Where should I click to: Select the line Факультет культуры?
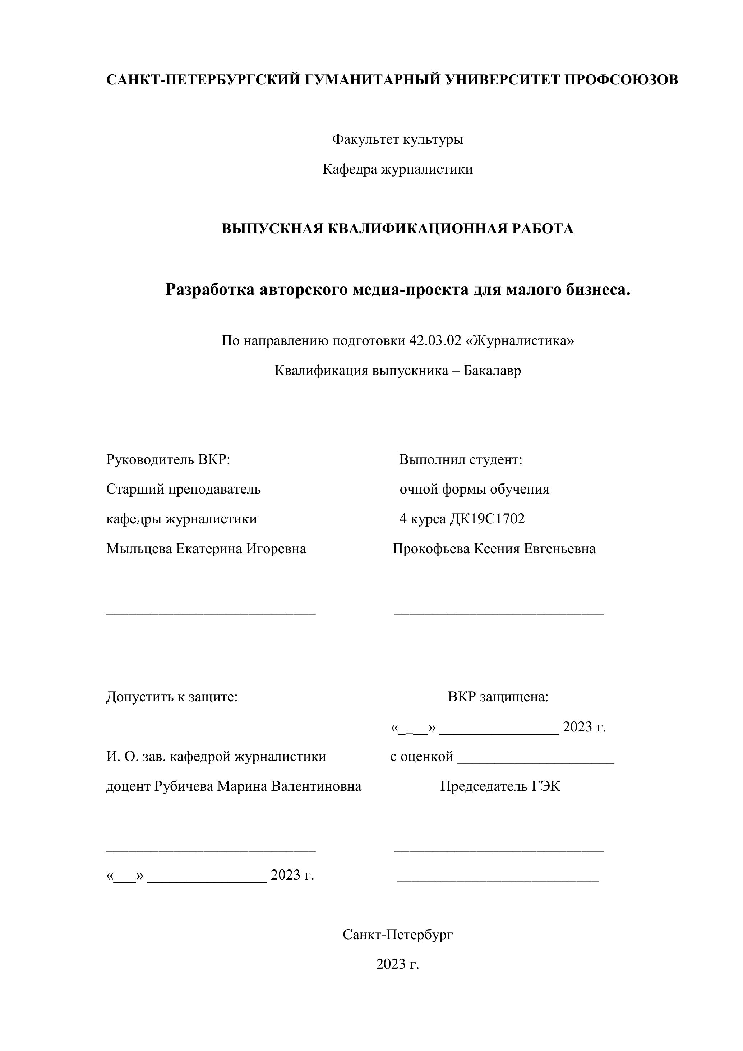(398, 139)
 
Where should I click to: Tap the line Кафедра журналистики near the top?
(398, 169)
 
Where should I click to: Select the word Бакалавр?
(492, 370)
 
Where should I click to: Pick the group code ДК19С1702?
(487, 519)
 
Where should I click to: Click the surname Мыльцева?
(139, 549)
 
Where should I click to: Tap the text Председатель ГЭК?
(500, 786)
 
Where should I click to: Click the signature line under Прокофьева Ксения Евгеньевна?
(499, 612)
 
